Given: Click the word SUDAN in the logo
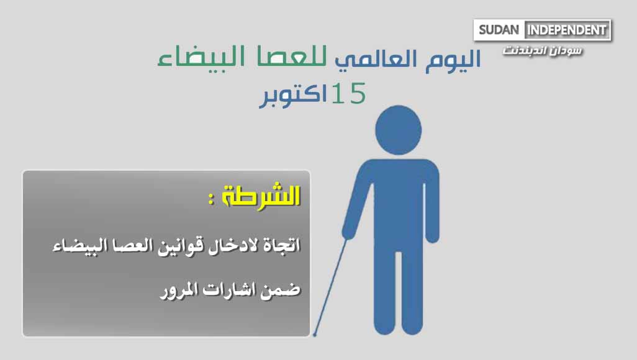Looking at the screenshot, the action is tap(499, 30).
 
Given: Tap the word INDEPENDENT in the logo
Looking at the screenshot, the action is tap(567, 30).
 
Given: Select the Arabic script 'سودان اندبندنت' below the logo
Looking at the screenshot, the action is tap(543, 51).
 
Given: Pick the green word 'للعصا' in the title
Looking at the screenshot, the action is tap(292, 57).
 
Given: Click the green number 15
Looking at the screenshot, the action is tap(348, 93).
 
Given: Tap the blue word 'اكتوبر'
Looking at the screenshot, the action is tap(293, 95).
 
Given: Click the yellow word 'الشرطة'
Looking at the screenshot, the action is tap(261, 196).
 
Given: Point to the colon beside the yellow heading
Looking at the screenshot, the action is tap(211, 199).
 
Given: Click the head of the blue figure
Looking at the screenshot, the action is tap(398, 130).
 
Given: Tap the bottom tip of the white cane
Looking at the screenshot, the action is tap(314, 335).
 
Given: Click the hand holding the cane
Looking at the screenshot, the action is tap(348, 232).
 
